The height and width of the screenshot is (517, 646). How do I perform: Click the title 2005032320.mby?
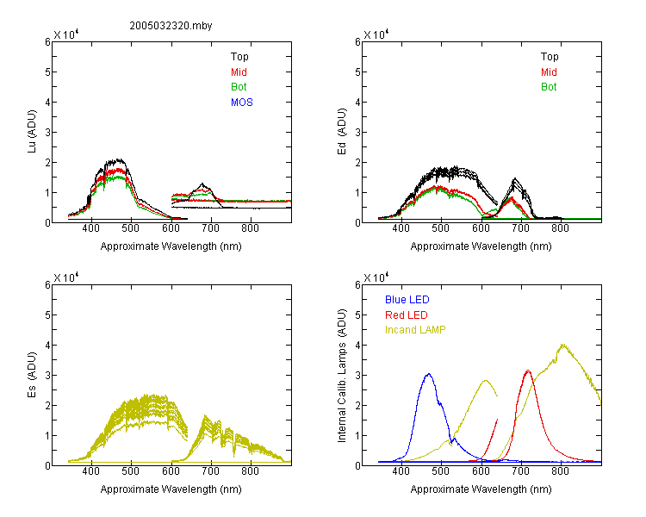click(171, 26)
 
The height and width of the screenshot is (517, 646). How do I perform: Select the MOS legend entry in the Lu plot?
click(242, 103)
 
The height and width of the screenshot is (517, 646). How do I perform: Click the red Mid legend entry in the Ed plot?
click(549, 72)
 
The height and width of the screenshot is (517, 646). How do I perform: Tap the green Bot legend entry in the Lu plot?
click(239, 87)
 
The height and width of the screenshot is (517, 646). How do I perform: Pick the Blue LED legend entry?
click(407, 300)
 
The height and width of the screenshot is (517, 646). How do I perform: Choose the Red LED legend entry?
click(407, 315)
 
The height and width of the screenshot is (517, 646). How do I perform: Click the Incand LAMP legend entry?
click(415, 330)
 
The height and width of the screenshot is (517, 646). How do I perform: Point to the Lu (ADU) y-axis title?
click(32, 132)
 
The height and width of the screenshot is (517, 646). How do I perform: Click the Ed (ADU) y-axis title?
click(342, 132)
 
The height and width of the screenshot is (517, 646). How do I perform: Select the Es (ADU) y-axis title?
click(32, 375)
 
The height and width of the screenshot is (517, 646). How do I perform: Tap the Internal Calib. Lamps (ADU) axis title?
click(342, 376)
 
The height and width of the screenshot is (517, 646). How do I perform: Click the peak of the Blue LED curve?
click(428, 374)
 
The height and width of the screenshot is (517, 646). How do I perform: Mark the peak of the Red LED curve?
click(528, 371)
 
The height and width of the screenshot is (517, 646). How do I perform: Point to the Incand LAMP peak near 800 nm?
click(562, 345)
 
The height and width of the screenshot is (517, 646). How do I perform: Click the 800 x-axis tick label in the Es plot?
click(250, 471)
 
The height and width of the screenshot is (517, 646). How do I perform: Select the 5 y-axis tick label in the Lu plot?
click(47, 72)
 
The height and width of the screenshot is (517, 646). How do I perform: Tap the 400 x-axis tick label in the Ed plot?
click(401, 228)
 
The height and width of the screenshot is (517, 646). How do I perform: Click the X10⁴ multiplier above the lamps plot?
click(376, 277)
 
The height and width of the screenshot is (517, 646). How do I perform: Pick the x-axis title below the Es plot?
click(171, 489)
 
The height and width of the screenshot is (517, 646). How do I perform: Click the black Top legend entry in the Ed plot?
click(550, 57)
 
